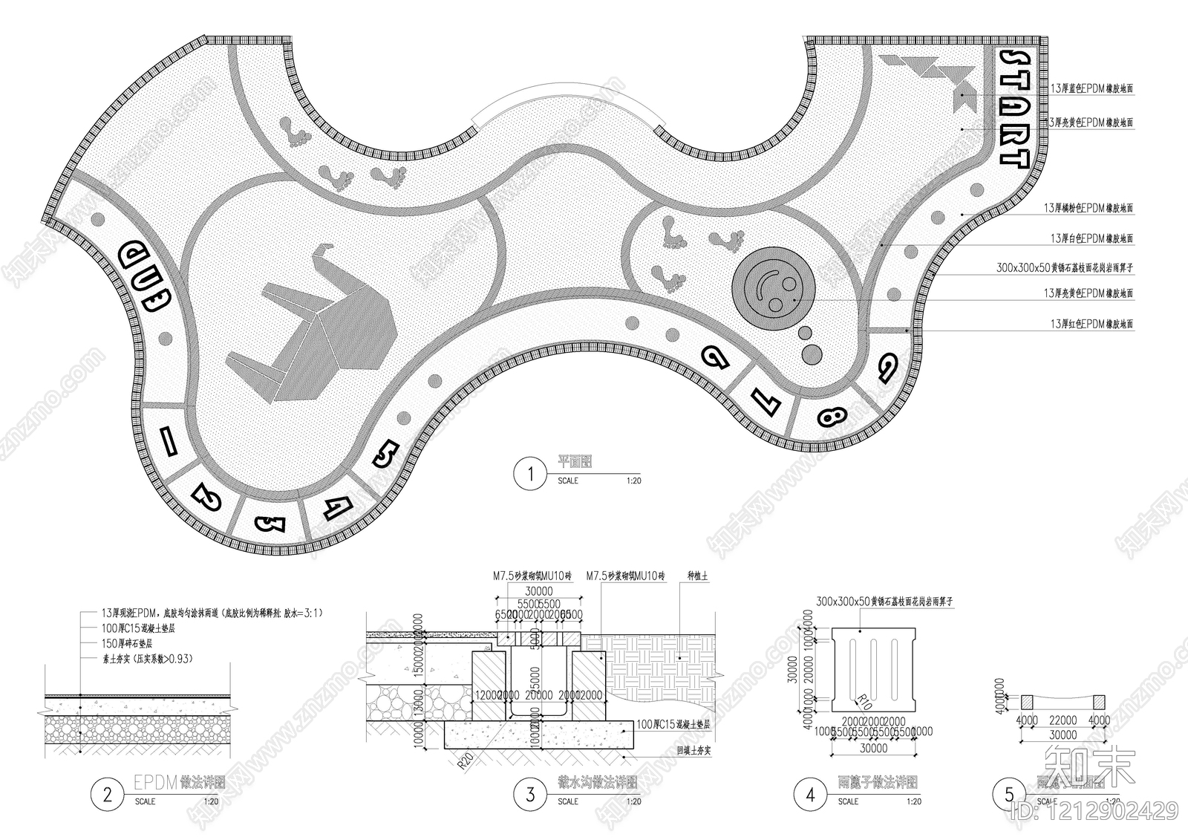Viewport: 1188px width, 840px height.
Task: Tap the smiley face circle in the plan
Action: [x=775, y=290]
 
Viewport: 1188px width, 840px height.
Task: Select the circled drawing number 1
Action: [x=530, y=474]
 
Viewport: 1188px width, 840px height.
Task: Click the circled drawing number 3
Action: [x=530, y=795]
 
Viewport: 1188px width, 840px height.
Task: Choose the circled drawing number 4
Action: [x=810, y=795]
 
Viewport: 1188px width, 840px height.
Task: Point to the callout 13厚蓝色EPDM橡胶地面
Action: [x=1091, y=88]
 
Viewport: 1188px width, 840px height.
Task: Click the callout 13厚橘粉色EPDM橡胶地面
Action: [x=1089, y=209]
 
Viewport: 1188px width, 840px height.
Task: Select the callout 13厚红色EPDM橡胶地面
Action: [x=1091, y=325]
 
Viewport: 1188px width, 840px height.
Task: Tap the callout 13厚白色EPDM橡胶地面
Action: [x=1091, y=239]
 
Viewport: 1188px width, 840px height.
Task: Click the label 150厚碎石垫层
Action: [x=127, y=643]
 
